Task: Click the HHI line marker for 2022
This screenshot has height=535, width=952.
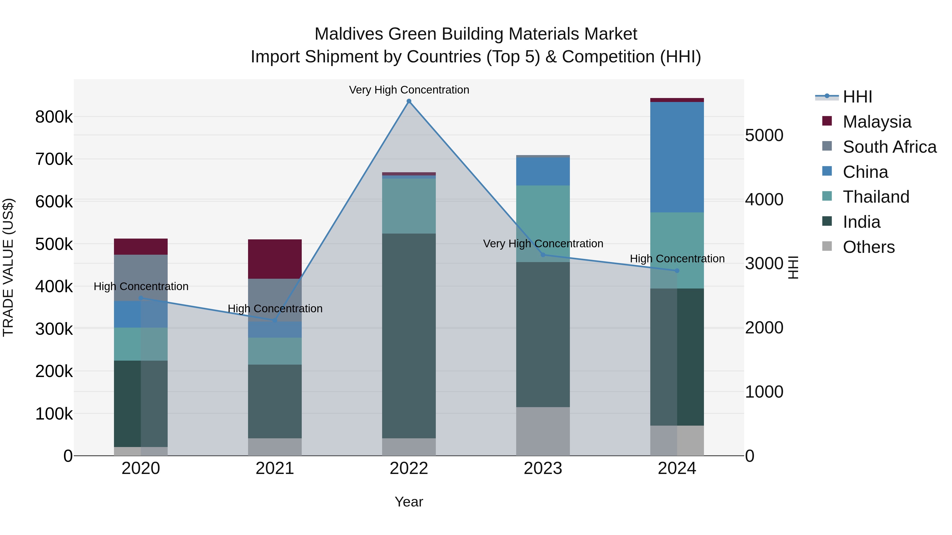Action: click(409, 101)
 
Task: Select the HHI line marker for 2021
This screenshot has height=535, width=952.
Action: click(274, 320)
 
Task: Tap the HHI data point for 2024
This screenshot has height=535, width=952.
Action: click(677, 271)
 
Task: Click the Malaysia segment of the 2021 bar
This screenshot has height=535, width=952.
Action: click(274, 259)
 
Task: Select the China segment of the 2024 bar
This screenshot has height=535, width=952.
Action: click(677, 157)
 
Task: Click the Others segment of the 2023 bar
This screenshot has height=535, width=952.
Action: click(543, 431)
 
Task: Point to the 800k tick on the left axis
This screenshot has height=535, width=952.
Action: click(54, 117)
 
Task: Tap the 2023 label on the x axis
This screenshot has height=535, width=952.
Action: click(543, 468)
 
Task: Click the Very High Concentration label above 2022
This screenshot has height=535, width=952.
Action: click(409, 90)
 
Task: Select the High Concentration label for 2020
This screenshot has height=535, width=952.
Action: click(141, 286)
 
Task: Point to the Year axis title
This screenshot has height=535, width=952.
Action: click(409, 502)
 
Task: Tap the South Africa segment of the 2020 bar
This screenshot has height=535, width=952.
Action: click(141, 278)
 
